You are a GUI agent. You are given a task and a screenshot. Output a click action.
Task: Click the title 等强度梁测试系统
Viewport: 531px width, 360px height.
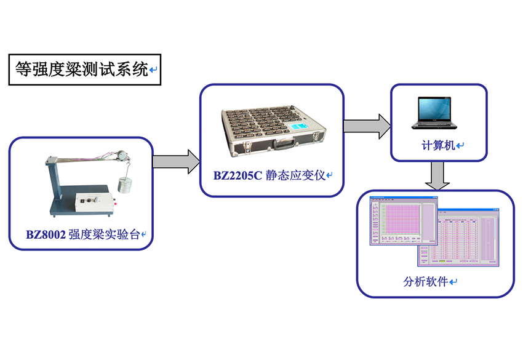click(81, 70)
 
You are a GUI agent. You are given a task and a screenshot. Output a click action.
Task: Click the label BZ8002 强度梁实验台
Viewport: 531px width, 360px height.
click(82, 234)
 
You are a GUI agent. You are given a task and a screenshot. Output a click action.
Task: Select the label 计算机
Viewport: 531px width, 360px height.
click(438, 145)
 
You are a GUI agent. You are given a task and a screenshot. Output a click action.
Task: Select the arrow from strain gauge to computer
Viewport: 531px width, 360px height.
click(367, 126)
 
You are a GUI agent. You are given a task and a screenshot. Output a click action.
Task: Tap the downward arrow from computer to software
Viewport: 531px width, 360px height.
click(437, 176)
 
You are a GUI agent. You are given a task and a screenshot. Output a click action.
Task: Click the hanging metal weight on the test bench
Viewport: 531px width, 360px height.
click(126, 186)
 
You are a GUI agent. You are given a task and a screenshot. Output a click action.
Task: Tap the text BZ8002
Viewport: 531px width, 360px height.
click(45, 234)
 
